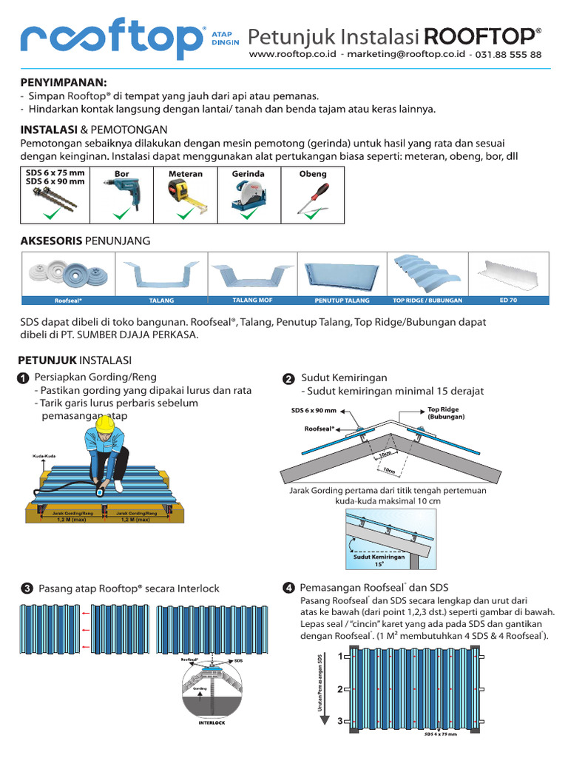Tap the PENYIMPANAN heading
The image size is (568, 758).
63,81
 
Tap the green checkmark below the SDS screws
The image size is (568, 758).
54,215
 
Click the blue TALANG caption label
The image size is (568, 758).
162,301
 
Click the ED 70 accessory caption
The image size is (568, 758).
509,301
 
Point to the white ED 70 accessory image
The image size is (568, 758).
511,275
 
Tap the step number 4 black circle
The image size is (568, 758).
289,588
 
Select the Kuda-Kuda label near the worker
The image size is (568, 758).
44,456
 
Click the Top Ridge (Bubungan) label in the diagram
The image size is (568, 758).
445,413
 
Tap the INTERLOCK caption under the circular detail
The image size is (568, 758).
212,722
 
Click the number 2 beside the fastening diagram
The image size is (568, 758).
339,689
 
